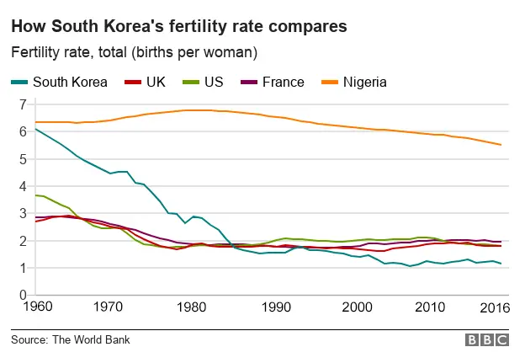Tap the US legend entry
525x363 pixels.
(214, 82)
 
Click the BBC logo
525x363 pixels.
(487, 340)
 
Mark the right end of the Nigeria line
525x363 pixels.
(501, 145)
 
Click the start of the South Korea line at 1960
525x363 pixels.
(34, 129)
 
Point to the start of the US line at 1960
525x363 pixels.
(34, 195)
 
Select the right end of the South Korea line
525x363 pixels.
(501, 264)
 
